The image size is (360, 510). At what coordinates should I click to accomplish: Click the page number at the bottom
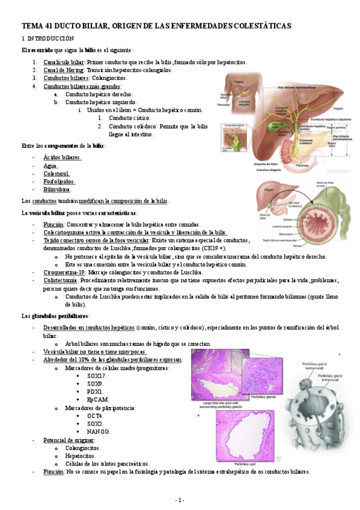tap(180, 500)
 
